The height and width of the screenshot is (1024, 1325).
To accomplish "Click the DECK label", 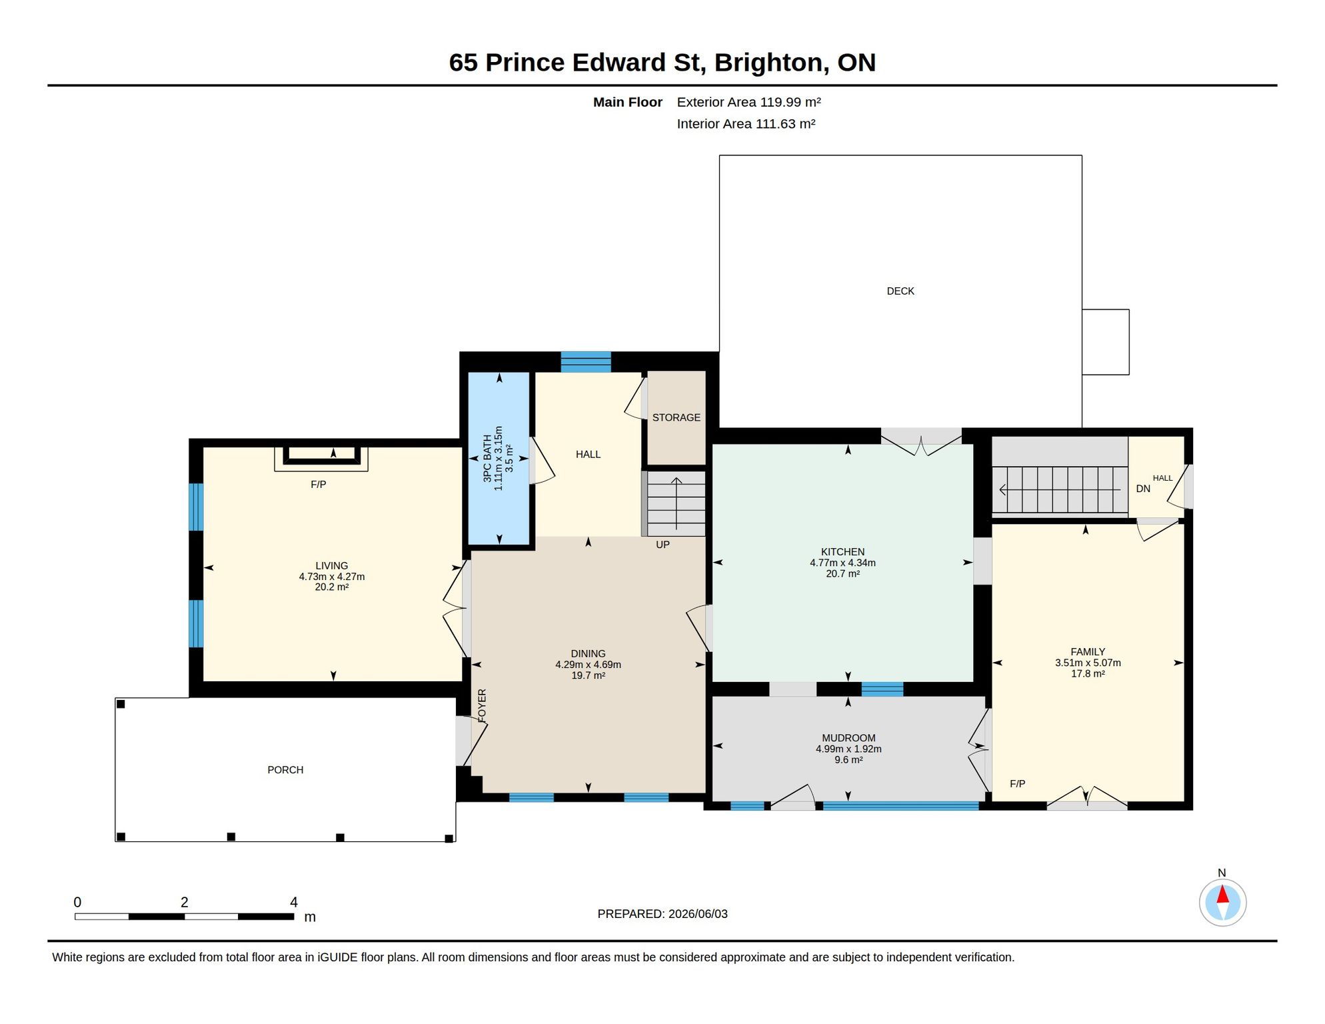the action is pos(900,291).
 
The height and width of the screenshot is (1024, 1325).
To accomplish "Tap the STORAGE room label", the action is pos(676,417).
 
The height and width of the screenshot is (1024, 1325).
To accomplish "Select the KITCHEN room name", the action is pos(842,552).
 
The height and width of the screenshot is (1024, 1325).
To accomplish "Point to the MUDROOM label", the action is pos(848,738).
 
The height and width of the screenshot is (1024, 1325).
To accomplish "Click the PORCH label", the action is pos(285,770).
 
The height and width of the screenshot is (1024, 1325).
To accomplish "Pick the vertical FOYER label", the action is pos(482,705).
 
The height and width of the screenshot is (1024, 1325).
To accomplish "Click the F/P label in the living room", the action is pos(319,485).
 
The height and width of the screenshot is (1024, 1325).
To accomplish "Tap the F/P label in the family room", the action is pos(1017,784).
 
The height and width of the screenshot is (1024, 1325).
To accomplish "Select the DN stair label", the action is pos(1143,489).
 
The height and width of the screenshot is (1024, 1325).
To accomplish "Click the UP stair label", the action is pos(662,545).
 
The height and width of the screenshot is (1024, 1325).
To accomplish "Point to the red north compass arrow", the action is pos(1222,894).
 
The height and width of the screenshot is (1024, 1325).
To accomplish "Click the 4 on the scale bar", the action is pos(294,902).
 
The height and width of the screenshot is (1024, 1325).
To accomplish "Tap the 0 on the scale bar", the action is pos(77,902).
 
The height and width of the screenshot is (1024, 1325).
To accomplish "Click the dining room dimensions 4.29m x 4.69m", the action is pos(588,665).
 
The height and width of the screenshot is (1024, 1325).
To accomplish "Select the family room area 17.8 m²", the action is pos(1088,674).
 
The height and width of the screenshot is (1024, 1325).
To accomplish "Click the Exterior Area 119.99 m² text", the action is pos(748,102).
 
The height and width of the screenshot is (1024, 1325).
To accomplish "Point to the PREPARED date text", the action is pos(662,914).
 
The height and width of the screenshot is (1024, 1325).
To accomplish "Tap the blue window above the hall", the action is pos(586,362).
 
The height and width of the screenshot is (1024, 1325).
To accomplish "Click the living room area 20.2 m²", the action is pos(331,587).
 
